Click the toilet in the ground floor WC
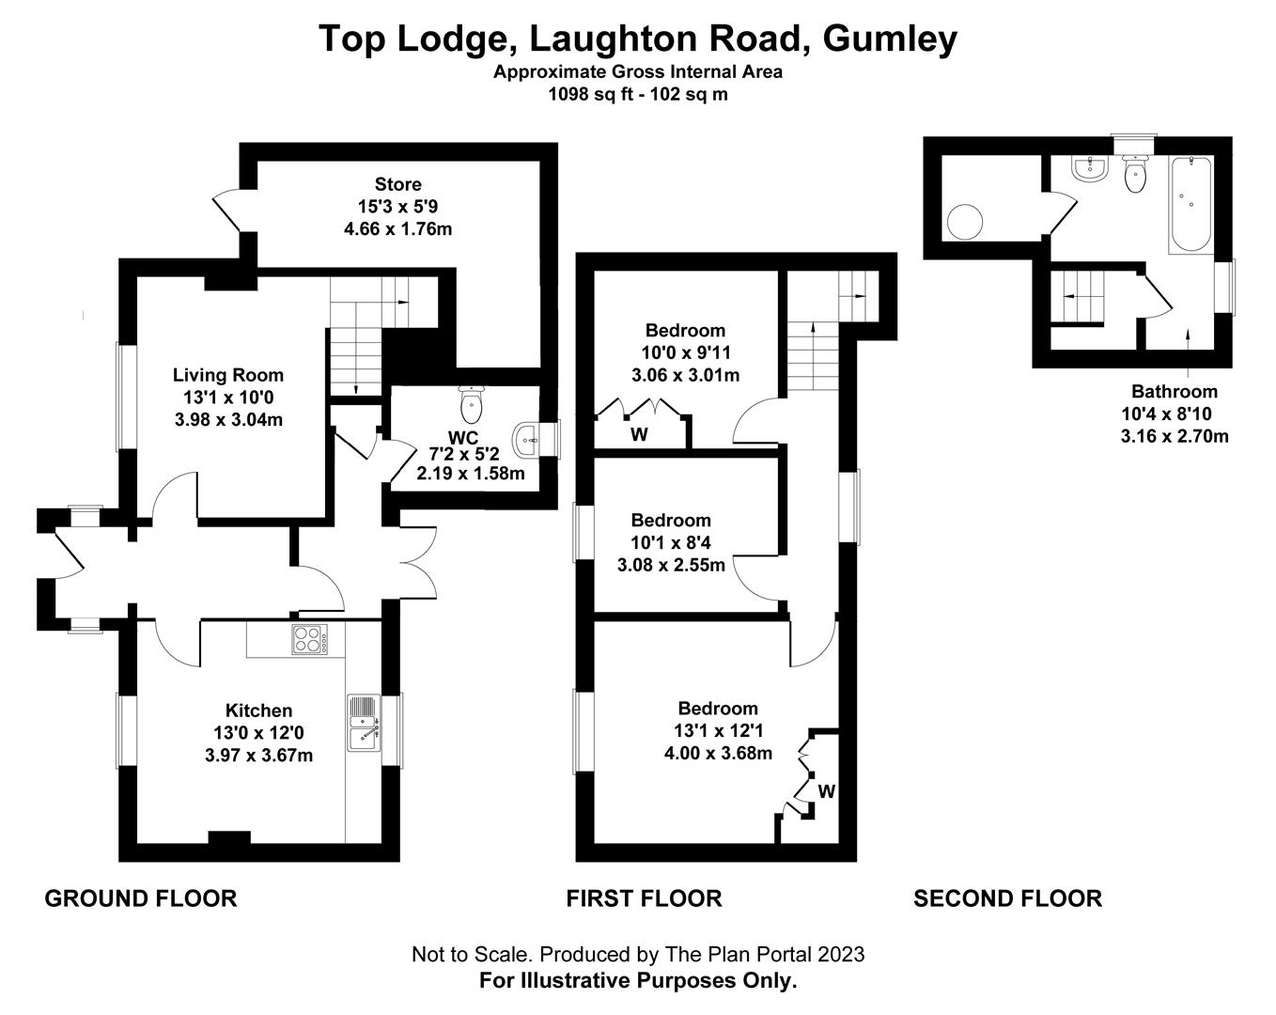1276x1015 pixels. coord(471,405)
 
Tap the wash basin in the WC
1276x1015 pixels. coord(527,436)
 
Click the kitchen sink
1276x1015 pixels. coord(363,723)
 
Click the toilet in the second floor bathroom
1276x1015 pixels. coord(1135,174)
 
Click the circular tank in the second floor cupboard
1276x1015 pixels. coord(965,223)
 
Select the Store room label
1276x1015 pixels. coord(397,184)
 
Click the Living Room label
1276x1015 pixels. coord(228,375)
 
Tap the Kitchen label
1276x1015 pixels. coord(258,710)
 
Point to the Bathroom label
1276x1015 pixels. coord(1174,391)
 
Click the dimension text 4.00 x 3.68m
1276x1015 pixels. coord(718,753)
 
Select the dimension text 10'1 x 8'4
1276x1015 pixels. coord(671,542)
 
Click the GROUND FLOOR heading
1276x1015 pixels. coord(141,898)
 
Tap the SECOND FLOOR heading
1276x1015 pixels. coord(1007,898)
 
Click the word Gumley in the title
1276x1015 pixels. coord(890,39)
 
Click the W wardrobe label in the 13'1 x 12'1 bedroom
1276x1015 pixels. coord(826,791)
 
